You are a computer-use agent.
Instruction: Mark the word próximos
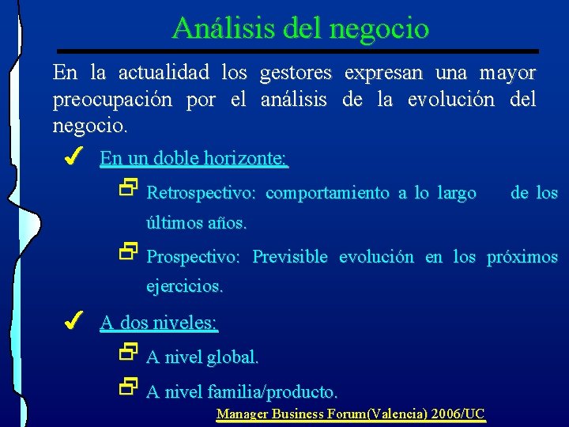pyautogui.click(x=522, y=258)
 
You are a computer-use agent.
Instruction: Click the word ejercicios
pyautogui.click(x=184, y=287)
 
